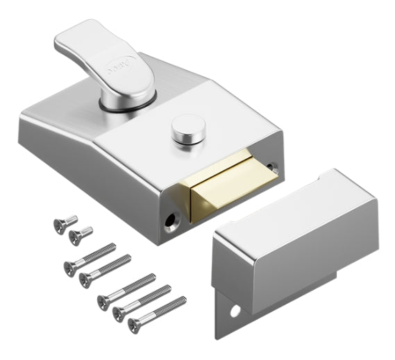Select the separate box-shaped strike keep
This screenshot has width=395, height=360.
click(x=299, y=236)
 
